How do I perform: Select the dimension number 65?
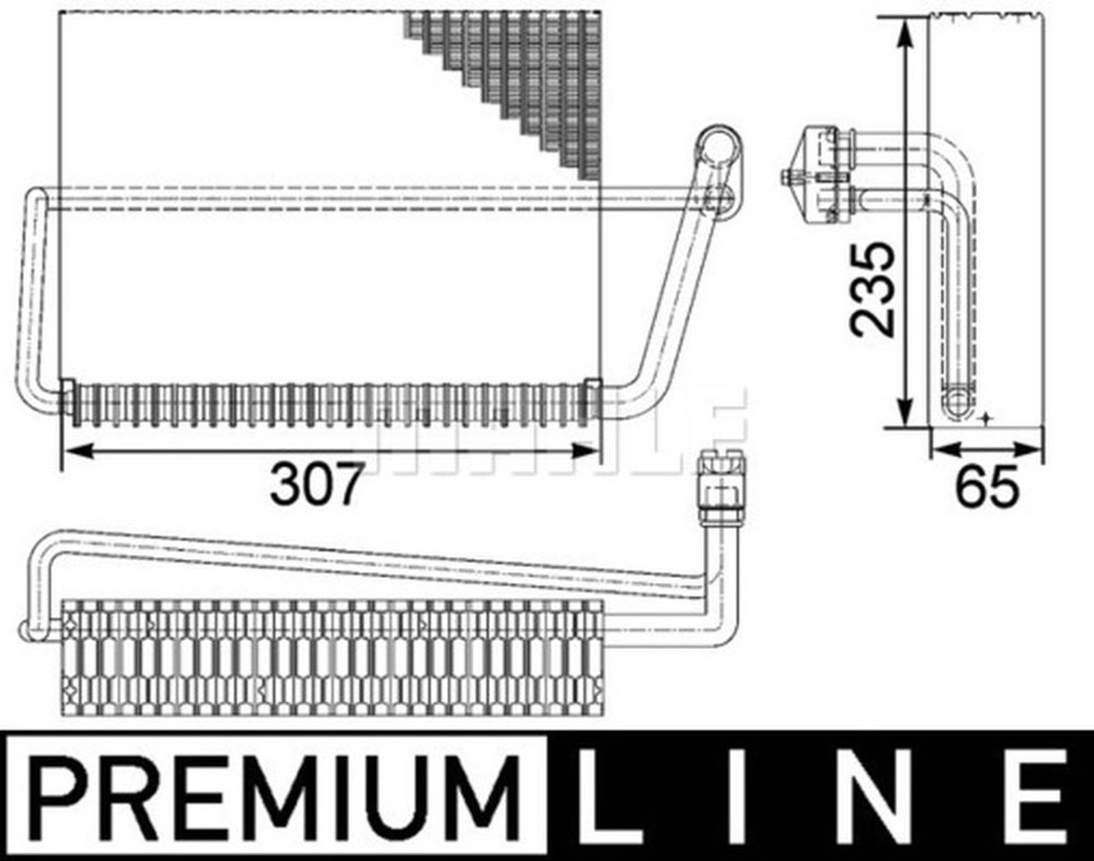(x=987, y=487)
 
